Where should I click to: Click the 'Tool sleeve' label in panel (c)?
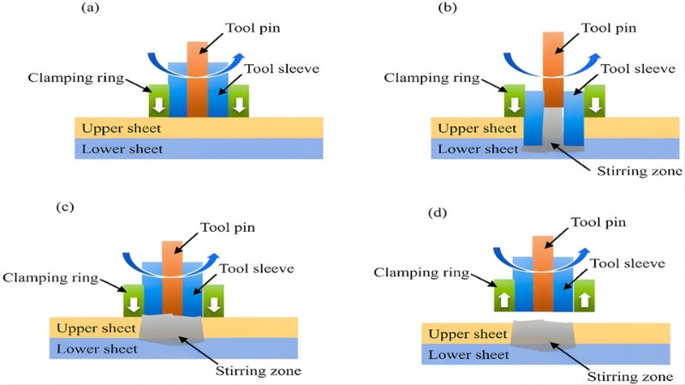(256, 268)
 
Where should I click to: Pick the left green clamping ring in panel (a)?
(158, 101)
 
